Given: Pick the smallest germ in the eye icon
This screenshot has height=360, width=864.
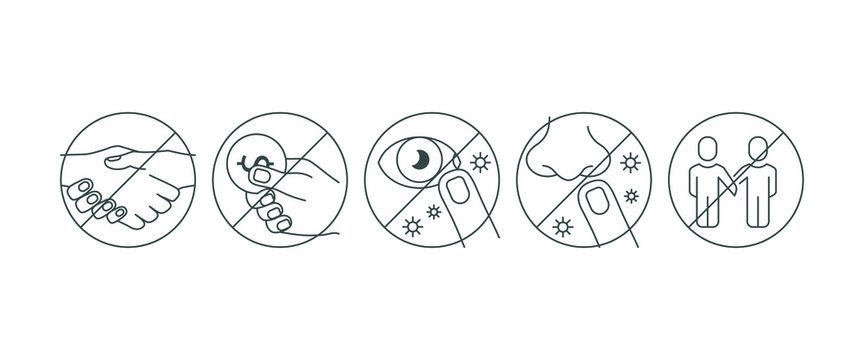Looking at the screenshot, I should (x=434, y=210).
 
